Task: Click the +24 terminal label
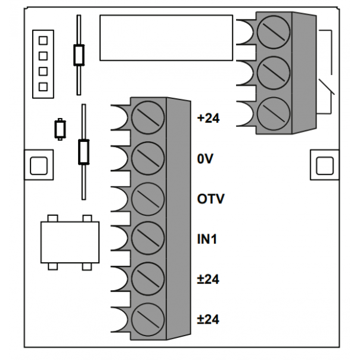[x=208, y=119]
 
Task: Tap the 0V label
[x=205, y=159]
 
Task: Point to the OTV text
[x=210, y=199]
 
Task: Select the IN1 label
[x=207, y=239]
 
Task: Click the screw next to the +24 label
[x=148, y=117]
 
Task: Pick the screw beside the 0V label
[x=148, y=158]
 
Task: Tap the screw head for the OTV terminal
[x=148, y=199]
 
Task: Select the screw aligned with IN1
[x=148, y=238]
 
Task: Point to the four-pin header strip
[x=43, y=64]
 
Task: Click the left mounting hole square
[x=39, y=166]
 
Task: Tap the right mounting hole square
[x=325, y=166]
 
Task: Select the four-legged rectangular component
[x=70, y=242]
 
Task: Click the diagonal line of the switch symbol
[x=327, y=86]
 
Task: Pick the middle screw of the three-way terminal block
[x=274, y=73]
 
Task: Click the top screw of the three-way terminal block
[x=274, y=32]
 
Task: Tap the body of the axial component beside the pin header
[x=79, y=55]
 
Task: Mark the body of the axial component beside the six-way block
[x=83, y=152]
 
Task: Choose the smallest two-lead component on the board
[x=60, y=129]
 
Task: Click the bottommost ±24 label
[x=208, y=319]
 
